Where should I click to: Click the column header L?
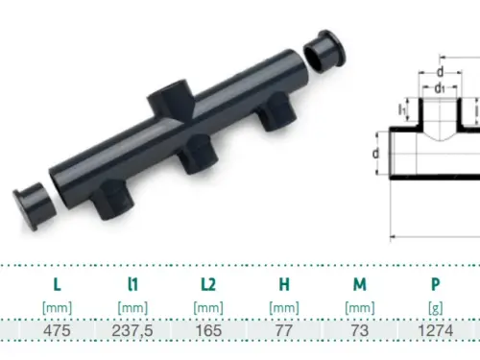point(57,284)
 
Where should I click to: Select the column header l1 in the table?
point(132,284)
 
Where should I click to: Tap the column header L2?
point(208,284)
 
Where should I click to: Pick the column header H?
point(284,284)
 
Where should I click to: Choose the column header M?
point(360,284)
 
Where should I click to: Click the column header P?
point(436,284)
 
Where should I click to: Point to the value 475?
point(57,330)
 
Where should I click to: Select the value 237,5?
point(132,330)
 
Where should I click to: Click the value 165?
point(208,330)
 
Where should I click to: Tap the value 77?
point(284,330)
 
